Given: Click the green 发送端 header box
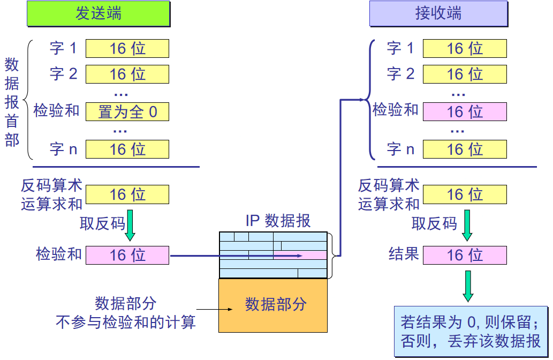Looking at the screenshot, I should point(99,14).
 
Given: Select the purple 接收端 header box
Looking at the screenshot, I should point(438,14).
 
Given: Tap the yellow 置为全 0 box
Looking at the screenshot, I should point(127,111).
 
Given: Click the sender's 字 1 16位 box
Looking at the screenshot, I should point(127,48).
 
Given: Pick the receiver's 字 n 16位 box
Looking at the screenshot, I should point(465,149).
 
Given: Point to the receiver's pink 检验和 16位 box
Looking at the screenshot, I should point(465,111).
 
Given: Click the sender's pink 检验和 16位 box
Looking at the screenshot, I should point(127,255).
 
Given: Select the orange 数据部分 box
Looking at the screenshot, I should point(273,305).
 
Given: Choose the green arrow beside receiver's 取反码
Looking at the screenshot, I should point(467,225).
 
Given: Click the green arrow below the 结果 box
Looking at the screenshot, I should point(468,286).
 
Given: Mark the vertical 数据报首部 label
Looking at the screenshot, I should point(12,102).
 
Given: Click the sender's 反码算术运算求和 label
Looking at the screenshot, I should point(51,195).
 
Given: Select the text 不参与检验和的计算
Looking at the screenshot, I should point(126,322).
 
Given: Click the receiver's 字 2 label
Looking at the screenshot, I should point(400,73).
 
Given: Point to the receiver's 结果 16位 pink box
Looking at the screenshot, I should point(465,255).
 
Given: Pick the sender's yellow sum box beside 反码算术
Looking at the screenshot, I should point(127,194).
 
